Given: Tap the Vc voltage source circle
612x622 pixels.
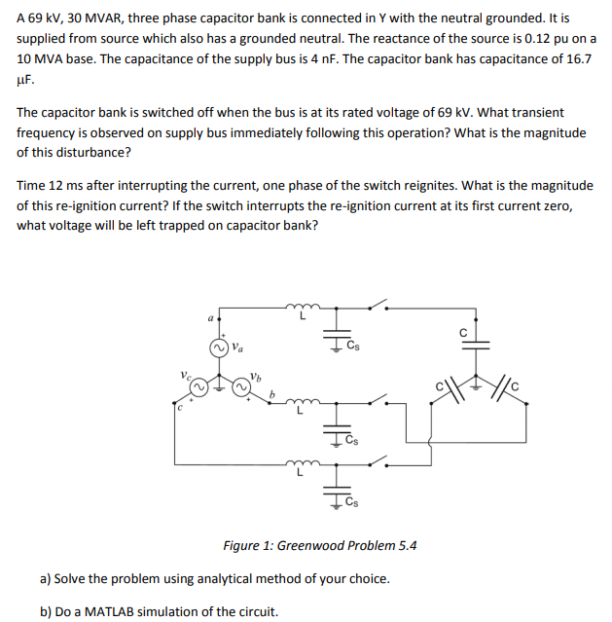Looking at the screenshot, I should (x=194, y=388).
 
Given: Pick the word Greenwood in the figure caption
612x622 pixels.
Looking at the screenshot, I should (x=312, y=545).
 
